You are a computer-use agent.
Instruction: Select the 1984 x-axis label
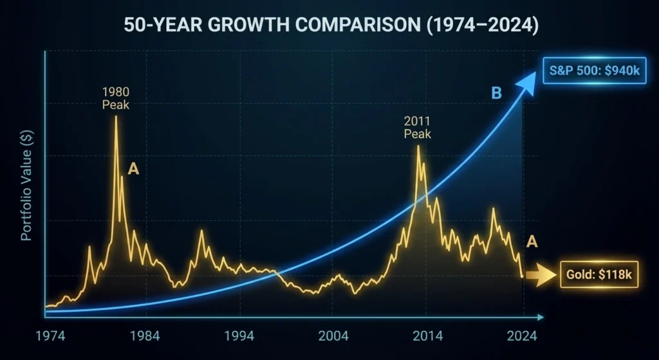coord(146,336)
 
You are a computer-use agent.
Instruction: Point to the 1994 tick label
coord(240,336)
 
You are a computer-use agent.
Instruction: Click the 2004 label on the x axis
coord(333,336)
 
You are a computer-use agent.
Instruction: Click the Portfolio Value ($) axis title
coord(26,193)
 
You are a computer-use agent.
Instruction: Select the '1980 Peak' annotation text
coord(116,98)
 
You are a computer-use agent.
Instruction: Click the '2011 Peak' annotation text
coord(417,128)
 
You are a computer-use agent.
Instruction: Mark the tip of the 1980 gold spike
coord(116,116)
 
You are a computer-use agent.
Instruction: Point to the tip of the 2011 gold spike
coord(418,146)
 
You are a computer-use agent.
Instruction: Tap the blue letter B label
coord(496,93)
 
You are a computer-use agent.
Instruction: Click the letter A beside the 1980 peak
coord(133,169)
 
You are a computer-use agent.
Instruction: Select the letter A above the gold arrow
coord(532,242)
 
